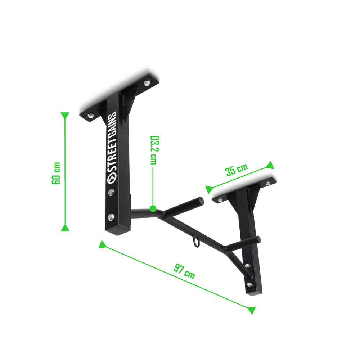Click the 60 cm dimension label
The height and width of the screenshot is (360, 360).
click(56, 173)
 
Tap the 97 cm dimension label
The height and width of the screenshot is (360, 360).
click(184, 271)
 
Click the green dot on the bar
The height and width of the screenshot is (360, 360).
click(153, 208)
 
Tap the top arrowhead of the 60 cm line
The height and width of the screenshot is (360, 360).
click(65, 116)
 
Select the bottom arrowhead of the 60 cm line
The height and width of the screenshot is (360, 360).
click(65, 228)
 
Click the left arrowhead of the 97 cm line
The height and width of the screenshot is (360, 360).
click(102, 244)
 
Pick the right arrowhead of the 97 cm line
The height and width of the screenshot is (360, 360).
click(252, 310)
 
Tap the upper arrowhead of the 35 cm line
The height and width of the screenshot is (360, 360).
click(270, 165)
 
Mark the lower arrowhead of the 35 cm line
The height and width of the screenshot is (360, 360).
click(209, 189)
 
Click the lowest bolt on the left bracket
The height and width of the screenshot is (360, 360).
click(111, 217)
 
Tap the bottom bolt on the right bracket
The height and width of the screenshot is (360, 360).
click(249, 284)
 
